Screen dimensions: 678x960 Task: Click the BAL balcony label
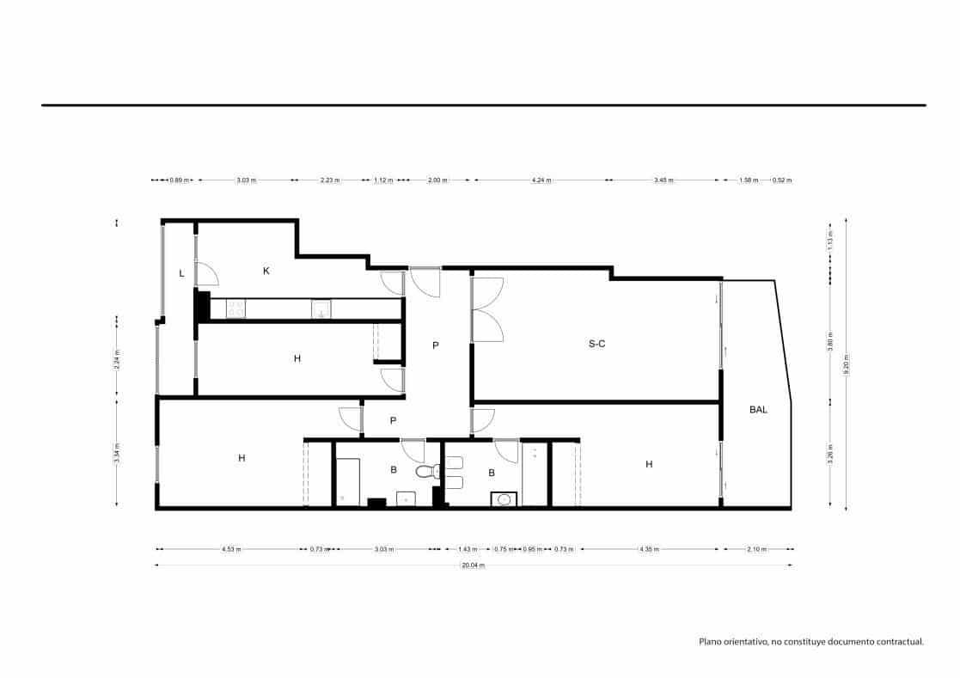[758, 410]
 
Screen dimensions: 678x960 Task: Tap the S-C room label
[597, 344]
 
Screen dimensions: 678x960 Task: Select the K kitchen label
[266, 271]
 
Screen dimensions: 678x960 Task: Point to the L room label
[181, 273]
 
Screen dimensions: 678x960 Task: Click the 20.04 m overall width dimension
[474, 565]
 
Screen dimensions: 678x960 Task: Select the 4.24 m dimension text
[541, 180]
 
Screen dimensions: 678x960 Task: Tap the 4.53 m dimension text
[230, 549]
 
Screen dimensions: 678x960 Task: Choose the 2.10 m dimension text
[758, 549]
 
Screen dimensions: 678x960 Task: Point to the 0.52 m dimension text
[782, 180]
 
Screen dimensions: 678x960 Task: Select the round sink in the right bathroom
[502, 498]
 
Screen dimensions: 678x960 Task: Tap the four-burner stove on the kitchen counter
[236, 308]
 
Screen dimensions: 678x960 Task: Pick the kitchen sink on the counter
[321, 308]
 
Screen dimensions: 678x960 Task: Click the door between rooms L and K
[206, 273]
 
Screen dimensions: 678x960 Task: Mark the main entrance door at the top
[425, 282]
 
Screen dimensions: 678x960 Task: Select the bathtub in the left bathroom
[346, 481]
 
